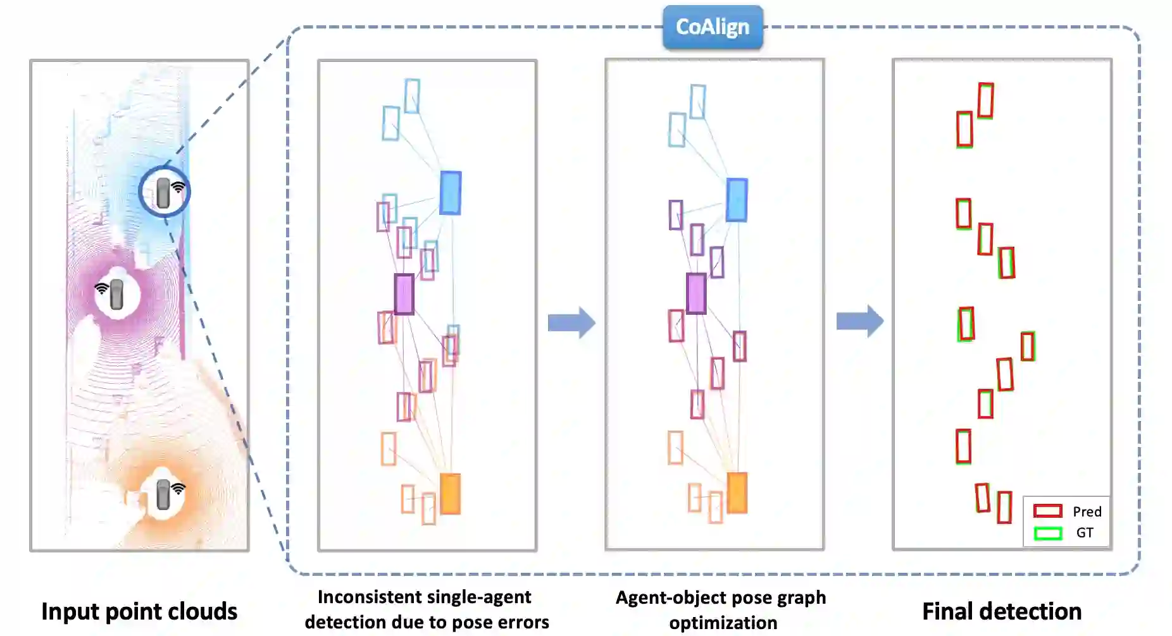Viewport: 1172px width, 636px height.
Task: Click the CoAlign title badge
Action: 713,27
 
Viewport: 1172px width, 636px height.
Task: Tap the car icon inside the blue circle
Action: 163,192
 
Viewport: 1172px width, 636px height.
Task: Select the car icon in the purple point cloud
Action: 116,295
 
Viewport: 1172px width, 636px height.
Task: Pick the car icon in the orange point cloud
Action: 163,494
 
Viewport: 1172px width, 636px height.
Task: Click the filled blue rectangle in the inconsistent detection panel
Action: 450,193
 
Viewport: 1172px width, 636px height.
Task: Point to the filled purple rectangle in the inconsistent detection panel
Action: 404,294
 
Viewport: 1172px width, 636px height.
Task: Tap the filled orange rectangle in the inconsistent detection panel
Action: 449,493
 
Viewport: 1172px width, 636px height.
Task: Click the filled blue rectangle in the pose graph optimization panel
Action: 737,200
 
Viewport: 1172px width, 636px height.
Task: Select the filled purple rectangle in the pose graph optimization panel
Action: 696,293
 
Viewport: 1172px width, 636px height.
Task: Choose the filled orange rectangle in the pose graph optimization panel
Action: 737,492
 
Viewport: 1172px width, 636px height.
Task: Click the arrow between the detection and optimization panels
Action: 571,322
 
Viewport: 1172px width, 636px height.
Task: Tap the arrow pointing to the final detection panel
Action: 859,321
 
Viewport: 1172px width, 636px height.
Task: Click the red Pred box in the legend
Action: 1047,511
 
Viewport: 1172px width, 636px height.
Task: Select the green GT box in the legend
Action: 1047,533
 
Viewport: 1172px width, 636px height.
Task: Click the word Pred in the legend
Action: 1087,511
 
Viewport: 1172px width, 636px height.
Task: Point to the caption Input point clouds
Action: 139,611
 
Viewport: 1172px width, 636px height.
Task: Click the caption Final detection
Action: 1001,611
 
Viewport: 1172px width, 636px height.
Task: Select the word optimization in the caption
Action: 723,623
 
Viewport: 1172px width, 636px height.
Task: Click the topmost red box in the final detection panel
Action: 985,101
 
